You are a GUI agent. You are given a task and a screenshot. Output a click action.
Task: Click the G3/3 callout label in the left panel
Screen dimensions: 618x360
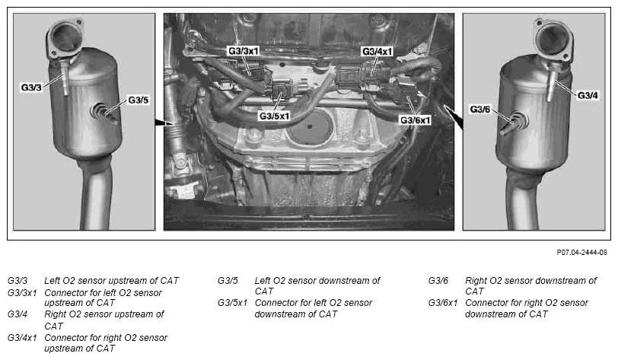tap(31, 88)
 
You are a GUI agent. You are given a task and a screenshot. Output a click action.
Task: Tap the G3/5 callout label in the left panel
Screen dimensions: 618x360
tap(139, 100)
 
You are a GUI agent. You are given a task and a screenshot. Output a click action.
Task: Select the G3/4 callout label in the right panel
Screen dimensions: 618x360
tap(588, 95)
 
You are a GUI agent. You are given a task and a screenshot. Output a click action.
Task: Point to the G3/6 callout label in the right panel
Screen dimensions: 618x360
tap(479, 109)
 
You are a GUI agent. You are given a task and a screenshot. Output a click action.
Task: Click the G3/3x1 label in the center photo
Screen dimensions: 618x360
tap(244, 51)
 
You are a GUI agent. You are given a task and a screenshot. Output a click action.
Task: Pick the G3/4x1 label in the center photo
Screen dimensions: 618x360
tap(377, 51)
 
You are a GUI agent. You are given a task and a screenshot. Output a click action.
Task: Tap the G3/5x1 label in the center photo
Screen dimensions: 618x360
tap(274, 116)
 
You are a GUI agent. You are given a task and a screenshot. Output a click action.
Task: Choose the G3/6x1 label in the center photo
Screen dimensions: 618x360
tap(416, 119)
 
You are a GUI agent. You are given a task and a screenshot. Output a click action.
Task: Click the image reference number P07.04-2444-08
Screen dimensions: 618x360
tap(581, 253)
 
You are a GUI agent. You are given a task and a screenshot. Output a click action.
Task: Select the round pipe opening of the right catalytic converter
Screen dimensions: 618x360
tap(553, 37)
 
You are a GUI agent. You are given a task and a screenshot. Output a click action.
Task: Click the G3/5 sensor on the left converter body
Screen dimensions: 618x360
tap(104, 113)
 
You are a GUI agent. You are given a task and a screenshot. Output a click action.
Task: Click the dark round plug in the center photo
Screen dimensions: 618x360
tap(311, 128)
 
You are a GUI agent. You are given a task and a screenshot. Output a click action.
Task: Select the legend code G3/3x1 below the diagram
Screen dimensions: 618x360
tap(22, 293)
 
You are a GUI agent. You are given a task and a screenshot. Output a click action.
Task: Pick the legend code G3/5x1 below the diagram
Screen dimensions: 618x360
tap(233, 303)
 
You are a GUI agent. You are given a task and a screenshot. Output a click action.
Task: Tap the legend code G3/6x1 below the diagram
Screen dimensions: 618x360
tap(443, 303)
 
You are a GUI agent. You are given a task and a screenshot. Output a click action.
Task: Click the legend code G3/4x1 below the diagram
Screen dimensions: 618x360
tap(22, 338)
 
